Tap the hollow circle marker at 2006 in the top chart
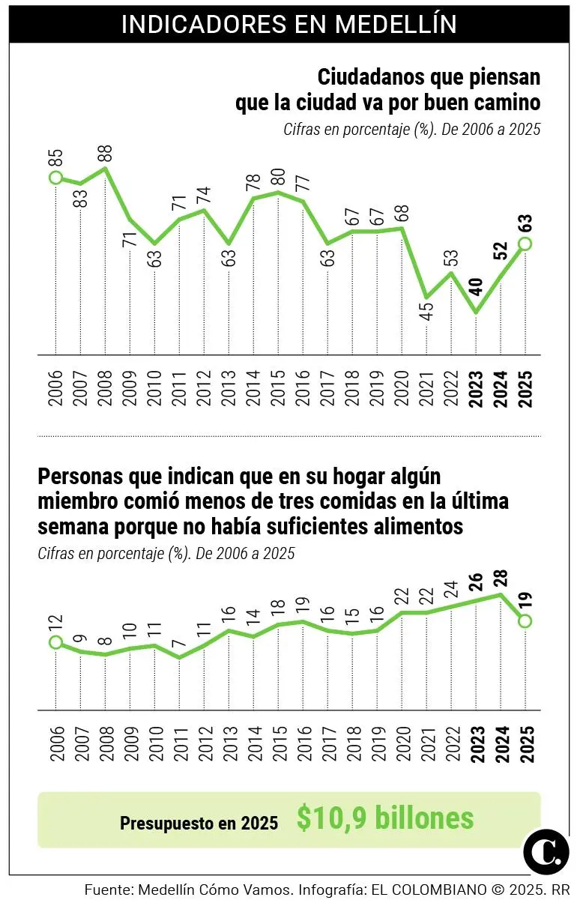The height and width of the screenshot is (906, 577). coord(55,178)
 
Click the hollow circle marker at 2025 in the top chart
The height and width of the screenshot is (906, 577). coord(525,243)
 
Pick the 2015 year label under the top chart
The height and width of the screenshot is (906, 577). coord(278,387)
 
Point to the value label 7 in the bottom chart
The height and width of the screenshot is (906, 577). coord(179,644)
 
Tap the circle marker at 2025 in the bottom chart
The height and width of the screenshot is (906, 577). coord(525,620)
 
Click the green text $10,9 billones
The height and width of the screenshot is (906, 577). coord(385,818)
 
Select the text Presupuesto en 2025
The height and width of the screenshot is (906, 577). coord(199,823)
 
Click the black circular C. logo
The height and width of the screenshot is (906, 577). coord(546,851)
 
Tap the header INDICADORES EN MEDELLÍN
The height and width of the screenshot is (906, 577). coord(288,23)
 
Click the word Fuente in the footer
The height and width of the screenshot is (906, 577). coord(109,890)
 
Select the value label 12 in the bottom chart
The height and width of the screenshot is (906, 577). coord(55,623)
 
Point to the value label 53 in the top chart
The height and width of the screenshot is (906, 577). coord(451,256)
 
